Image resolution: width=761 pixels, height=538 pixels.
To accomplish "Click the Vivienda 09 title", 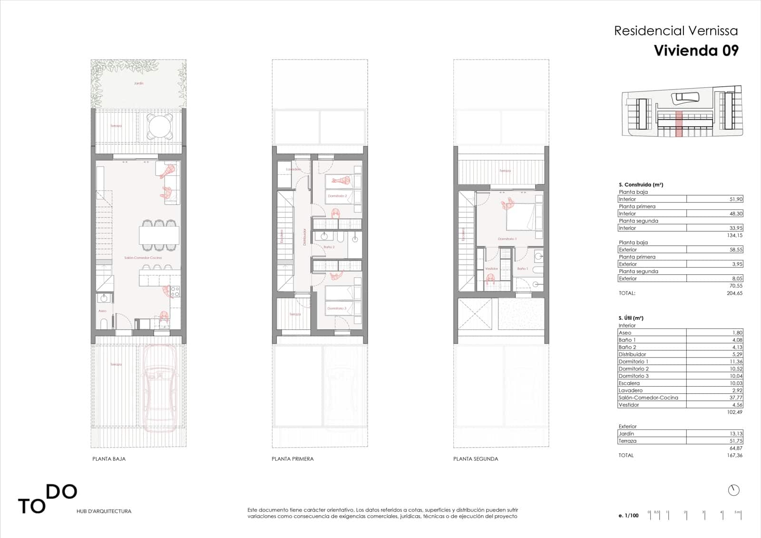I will pyautogui.click(x=696, y=50).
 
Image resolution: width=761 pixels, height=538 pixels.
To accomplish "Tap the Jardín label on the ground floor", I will pyautogui.click(x=138, y=83).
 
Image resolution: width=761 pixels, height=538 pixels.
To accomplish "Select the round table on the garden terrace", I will pyautogui.click(x=160, y=126).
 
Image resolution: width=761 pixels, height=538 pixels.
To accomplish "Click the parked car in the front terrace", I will pyautogui.click(x=160, y=386).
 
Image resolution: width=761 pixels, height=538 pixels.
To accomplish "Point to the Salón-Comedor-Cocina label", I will pyautogui.click(x=143, y=258).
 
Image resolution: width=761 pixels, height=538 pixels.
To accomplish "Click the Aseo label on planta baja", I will pyautogui.click(x=102, y=311).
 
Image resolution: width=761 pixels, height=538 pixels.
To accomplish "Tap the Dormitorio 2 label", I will pyautogui.click(x=337, y=196).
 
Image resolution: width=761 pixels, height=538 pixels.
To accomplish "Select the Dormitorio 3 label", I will pyautogui.click(x=337, y=309).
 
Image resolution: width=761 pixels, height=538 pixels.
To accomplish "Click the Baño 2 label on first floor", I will pyautogui.click(x=329, y=247).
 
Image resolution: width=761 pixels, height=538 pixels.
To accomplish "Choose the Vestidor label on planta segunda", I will pyautogui.click(x=491, y=269).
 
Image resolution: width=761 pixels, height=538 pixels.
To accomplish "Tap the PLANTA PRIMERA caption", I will pyautogui.click(x=293, y=459).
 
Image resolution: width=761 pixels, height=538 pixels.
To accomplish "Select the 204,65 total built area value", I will pyautogui.click(x=734, y=293).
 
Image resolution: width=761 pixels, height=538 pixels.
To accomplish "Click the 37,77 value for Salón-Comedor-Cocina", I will pyautogui.click(x=735, y=398).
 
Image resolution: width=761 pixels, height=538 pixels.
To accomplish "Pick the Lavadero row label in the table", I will pyautogui.click(x=631, y=390).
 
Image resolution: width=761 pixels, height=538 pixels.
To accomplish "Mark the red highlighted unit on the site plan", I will pyautogui.click(x=679, y=124).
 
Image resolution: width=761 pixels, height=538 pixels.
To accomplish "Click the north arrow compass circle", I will pyautogui.click(x=733, y=490).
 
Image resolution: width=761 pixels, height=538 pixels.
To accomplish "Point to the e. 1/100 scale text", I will pyautogui.click(x=629, y=516).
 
